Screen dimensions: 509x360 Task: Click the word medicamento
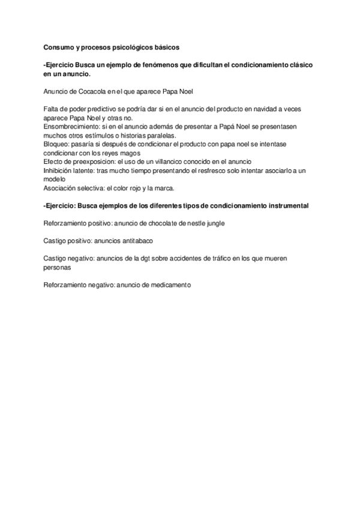169,285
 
